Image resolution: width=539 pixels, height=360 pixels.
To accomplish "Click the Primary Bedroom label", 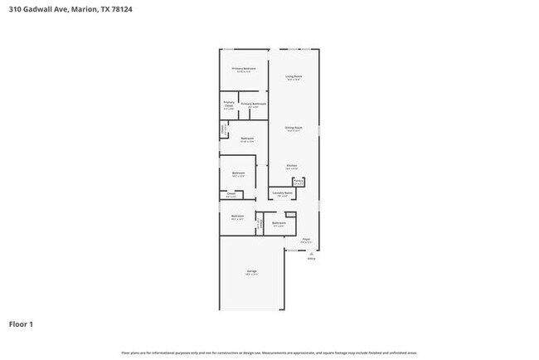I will click(243, 69).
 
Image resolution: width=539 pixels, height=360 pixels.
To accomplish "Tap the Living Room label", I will click(294, 77).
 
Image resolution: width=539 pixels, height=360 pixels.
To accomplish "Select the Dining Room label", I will click(294, 128).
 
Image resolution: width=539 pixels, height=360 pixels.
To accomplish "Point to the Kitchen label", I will click(292, 166).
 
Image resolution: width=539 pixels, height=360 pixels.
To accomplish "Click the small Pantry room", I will click(298, 182).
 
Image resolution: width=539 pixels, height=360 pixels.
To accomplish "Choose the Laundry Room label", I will click(282, 193).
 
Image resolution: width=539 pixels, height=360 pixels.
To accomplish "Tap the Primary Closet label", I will click(229, 106).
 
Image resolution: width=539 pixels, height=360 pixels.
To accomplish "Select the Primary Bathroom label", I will click(253, 105).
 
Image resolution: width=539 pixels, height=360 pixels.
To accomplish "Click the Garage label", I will click(250, 272).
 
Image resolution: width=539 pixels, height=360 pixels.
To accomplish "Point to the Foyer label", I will click(306, 240).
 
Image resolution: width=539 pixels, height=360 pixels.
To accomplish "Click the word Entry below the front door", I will click(312, 259).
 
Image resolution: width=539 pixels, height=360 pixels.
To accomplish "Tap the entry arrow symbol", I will click(312, 252).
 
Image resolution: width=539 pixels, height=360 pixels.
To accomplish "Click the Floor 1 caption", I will click(22, 324).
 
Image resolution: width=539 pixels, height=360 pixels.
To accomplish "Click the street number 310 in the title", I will click(14, 10).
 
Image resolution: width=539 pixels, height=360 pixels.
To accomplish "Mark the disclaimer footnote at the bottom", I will click(269, 352).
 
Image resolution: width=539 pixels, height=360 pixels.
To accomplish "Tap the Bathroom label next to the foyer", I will click(279, 222).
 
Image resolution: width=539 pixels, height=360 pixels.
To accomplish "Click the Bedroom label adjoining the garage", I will click(237, 217).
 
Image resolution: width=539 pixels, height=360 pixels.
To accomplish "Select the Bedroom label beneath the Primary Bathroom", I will click(247, 139).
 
